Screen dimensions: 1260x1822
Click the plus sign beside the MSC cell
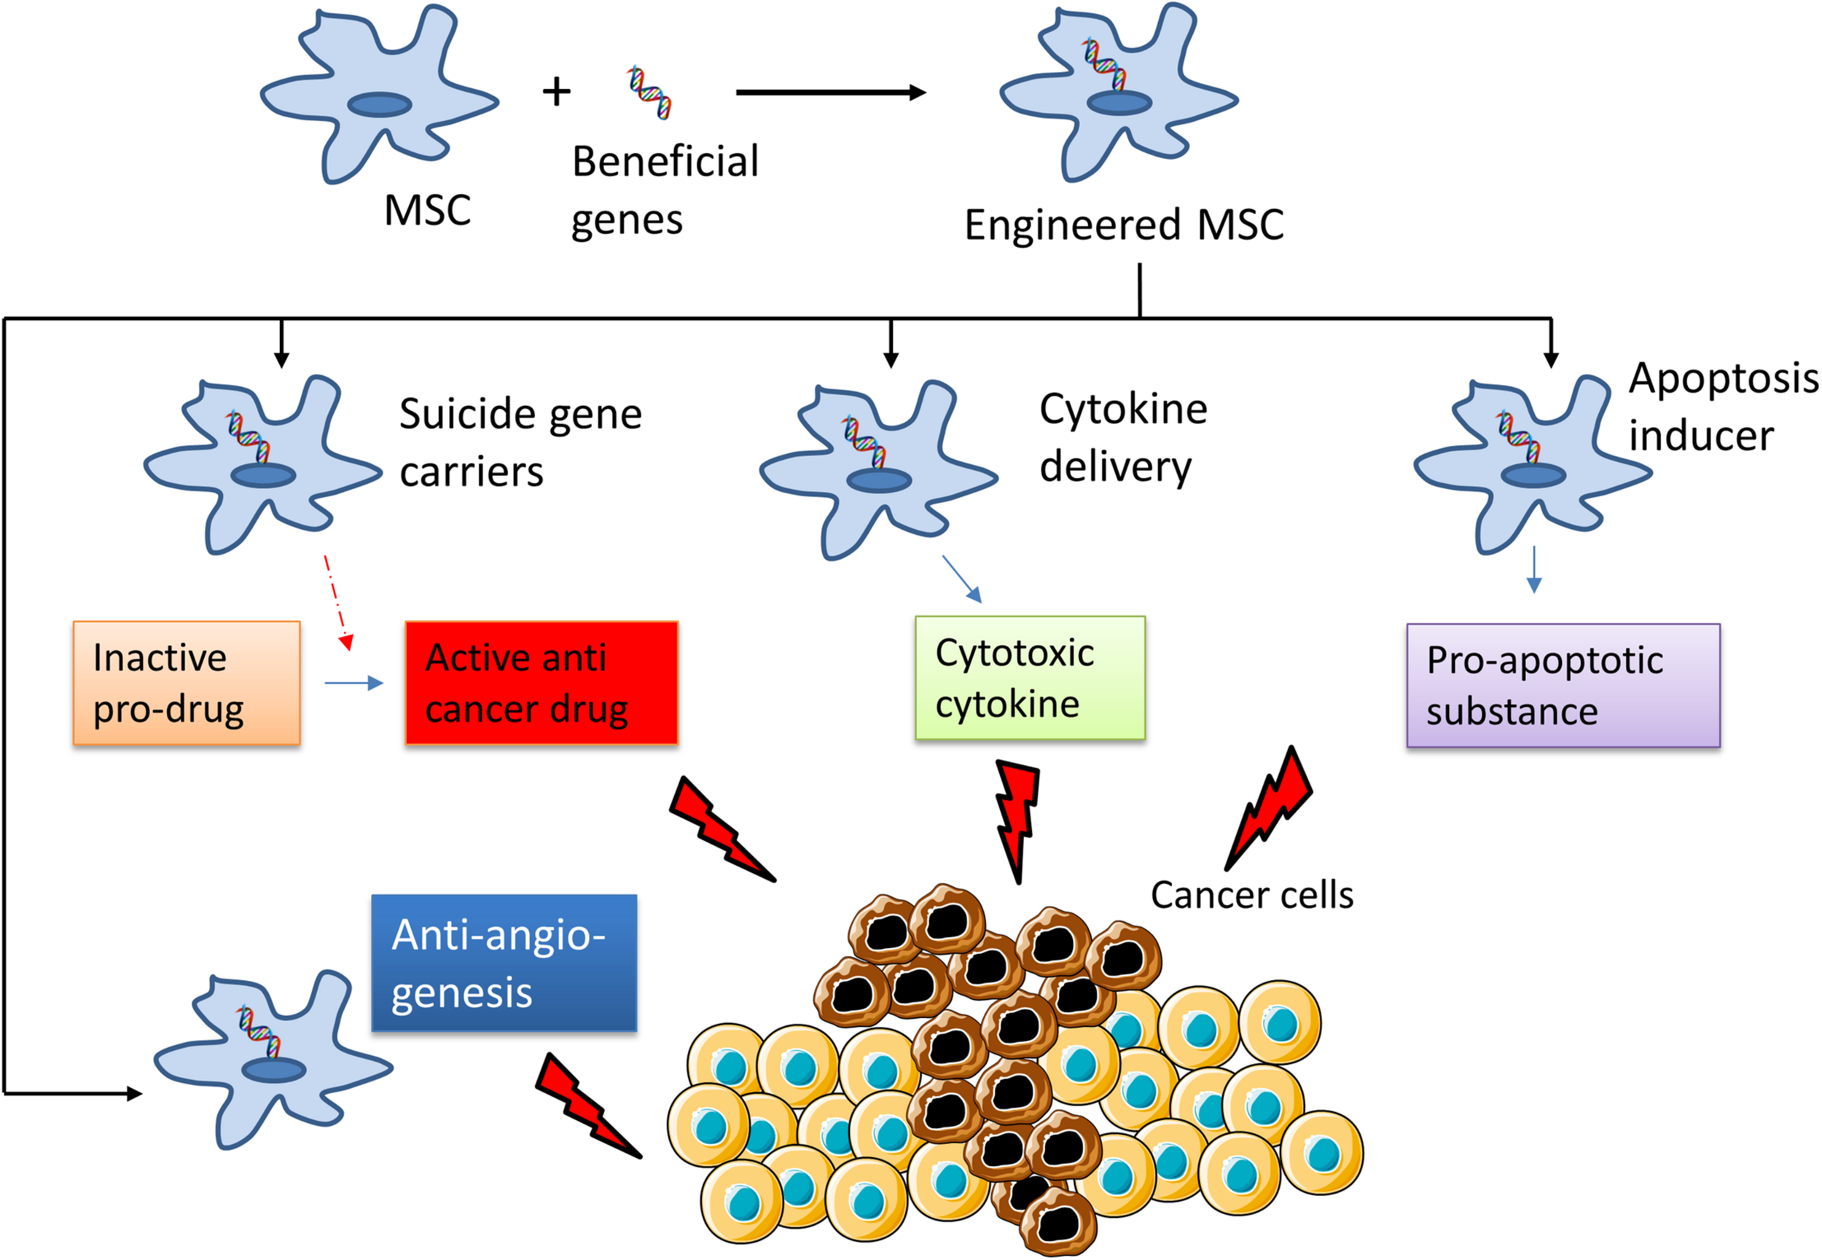pyautogui.click(x=557, y=92)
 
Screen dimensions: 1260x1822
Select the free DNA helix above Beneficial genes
pyautogui.click(x=649, y=93)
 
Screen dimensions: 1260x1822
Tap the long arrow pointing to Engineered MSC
pyautogui.click(x=829, y=93)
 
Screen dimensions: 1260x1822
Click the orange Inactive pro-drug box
pyautogui.click(x=187, y=683)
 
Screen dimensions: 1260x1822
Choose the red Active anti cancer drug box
pyautogui.click(x=541, y=683)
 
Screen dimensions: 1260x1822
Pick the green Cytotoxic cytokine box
pyautogui.click(x=1029, y=678)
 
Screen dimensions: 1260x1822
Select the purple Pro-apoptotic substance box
pyautogui.click(x=1563, y=685)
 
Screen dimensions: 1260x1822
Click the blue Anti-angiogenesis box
pyautogui.click(x=504, y=963)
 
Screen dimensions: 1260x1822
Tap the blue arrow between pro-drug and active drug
pyautogui.click(x=353, y=683)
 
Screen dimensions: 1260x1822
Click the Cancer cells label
pyautogui.click(x=1251, y=895)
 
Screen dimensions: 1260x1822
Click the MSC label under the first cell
pyautogui.click(x=427, y=210)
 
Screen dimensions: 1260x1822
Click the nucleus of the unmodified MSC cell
pyautogui.click(x=380, y=104)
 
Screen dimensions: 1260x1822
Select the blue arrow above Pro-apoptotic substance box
pyautogui.click(x=1533, y=569)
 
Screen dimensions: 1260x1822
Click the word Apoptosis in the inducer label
pyautogui.click(x=1724, y=378)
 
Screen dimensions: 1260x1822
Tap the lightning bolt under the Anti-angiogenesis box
pyautogui.click(x=588, y=1106)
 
